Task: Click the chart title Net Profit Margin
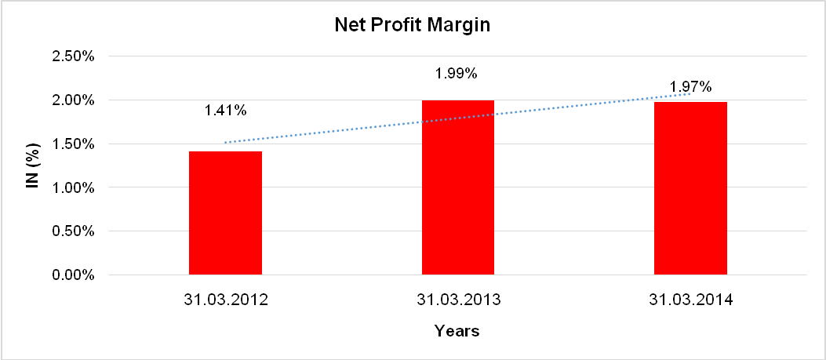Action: tap(412, 25)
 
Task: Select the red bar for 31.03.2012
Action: tap(225, 213)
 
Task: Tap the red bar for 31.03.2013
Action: tap(458, 188)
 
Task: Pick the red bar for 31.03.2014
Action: tap(690, 189)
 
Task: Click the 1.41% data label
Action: tap(225, 111)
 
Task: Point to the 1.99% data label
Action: tap(457, 74)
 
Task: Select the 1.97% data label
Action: tap(690, 85)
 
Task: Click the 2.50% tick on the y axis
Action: tap(73, 56)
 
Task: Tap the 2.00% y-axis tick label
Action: tap(73, 100)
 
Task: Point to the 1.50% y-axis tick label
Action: tap(73, 144)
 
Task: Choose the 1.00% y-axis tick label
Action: tap(73, 188)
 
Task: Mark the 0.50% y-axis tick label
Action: tap(73, 231)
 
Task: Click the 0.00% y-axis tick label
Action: tap(73, 275)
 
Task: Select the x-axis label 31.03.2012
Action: tap(225, 300)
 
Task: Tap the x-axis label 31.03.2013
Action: tap(458, 300)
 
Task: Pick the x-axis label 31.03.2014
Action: tap(690, 300)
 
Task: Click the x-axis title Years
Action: tap(457, 331)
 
